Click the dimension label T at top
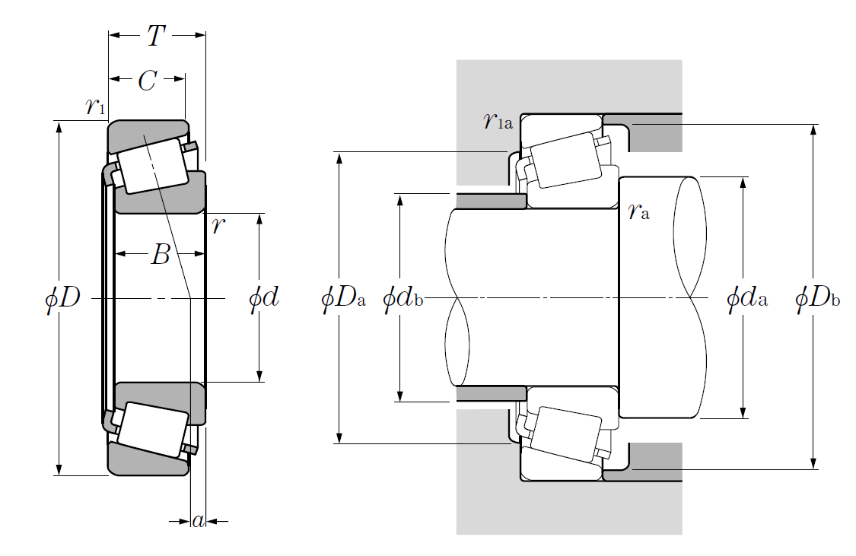pyautogui.click(x=157, y=35)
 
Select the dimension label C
pyautogui.click(x=147, y=81)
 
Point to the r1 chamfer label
pyautogui.click(x=96, y=106)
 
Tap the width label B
pyautogui.click(x=160, y=255)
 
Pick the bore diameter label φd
pyautogui.click(x=264, y=298)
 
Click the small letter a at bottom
pyautogui.click(x=198, y=521)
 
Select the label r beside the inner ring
pyautogui.click(x=218, y=226)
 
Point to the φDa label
pyautogui.click(x=344, y=298)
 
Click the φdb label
pyautogui.click(x=402, y=298)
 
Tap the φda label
pyautogui.click(x=746, y=298)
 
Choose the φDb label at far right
pyautogui.click(x=817, y=298)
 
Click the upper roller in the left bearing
pyautogui.click(x=151, y=165)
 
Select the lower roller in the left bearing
pyautogui.click(x=153, y=430)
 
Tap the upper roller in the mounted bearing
pyautogui.click(x=566, y=160)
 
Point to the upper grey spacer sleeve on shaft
pyautogui.click(x=491, y=201)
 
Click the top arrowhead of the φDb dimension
pyautogui.click(x=813, y=129)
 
